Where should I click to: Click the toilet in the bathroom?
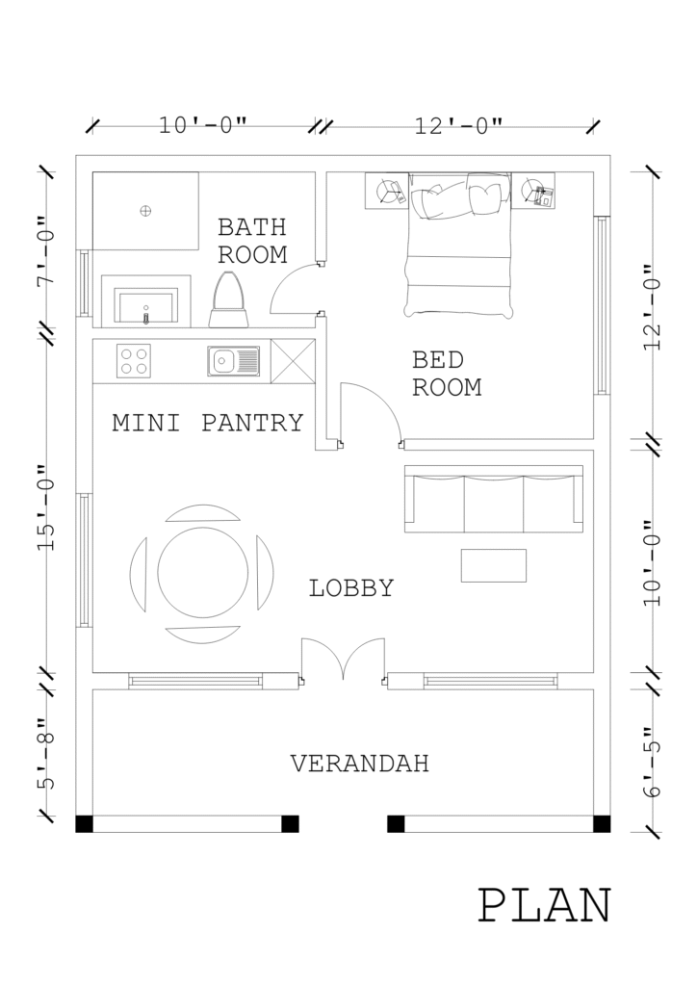[x=227, y=299]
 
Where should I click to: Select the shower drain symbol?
[x=145, y=211]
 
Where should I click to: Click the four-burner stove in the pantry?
[x=134, y=361]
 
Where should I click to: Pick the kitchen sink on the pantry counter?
[x=234, y=362]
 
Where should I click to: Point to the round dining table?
[x=202, y=573]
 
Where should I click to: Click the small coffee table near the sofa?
[x=493, y=565]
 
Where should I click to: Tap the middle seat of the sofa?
[x=493, y=505]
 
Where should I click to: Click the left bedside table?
[x=387, y=191]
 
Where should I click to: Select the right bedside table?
[x=533, y=191]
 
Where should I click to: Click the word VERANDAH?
[x=359, y=764]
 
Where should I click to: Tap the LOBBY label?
[x=351, y=588]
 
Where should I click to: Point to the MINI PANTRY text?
[x=208, y=423]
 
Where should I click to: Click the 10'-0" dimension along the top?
[x=203, y=125]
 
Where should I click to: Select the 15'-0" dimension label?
[x=46, y=508]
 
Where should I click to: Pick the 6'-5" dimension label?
[x=653, y=761]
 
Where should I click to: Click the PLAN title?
[x=545, y=905]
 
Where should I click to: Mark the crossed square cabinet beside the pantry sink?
[x=293, y=361]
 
